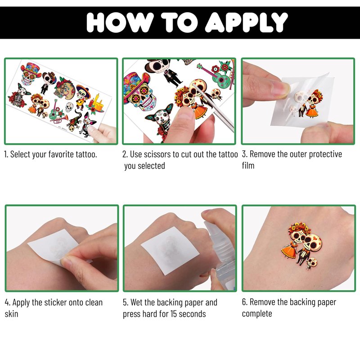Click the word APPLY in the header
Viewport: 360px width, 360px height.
246,22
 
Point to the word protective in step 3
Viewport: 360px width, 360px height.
325,154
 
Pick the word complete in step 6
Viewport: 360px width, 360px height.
257,314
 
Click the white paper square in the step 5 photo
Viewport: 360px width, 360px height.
171,250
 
